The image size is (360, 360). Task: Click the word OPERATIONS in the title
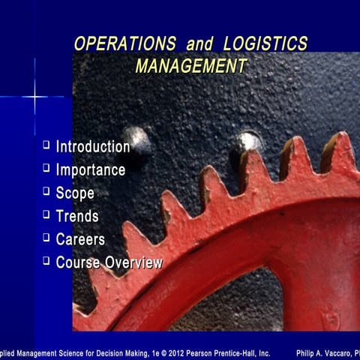pyautogui.click(x=124, y=44)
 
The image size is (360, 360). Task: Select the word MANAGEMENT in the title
pyautogui.click(x=190, y=66)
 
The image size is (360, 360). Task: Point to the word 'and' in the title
pyautogui.click(x=197, y=44)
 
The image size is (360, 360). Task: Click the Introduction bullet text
pyautogui.click(x=93, y=147)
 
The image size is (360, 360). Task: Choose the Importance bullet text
pyautogui.click(x=91, y=170)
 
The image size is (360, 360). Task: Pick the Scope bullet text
pyautogui.click(x=75, y=193)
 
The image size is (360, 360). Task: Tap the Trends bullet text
pyautogui.click(x=77, y=217)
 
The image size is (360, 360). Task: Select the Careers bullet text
pyautogui.click(x=80, y=240)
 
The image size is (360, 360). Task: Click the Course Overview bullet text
pyautogui.click(x=109, y=263)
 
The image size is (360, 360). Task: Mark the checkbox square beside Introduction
pyautogui.click(x=46, y=145)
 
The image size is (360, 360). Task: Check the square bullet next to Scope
pyautogui.click(x=46, y=192)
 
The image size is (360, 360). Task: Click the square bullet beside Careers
pyautogui.click(x=46, y=238)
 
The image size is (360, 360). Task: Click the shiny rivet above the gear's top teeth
pyautogui.click(x=247, y=140)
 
